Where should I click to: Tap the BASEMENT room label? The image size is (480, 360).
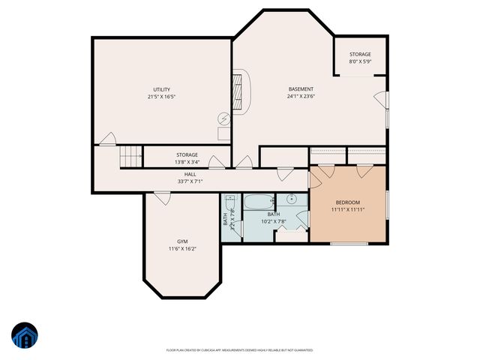tap(301, 89)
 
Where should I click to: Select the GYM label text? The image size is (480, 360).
tap(182, 241)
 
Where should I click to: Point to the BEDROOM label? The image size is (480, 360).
tap(348, 202)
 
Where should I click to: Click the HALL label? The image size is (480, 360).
tap(190, 174)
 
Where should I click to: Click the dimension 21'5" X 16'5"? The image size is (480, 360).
tap(162, 97)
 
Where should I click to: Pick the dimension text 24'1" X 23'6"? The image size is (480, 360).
tap(301, 97)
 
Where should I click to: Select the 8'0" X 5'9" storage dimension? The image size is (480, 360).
tap(360, 61)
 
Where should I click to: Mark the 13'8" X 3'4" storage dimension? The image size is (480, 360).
tap(187, 162)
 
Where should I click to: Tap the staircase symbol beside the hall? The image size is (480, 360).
tap(130, 157)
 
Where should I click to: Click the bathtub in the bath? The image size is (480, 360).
tap(259, 202)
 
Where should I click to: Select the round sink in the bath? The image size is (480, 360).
tap(290, 199)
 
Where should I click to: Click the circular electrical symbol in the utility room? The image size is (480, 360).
tap(224, 118)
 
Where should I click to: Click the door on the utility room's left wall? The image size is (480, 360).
tap(108, 139)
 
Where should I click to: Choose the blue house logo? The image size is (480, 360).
tap(24, 337)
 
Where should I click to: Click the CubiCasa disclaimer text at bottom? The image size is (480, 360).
tap(240, 349)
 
